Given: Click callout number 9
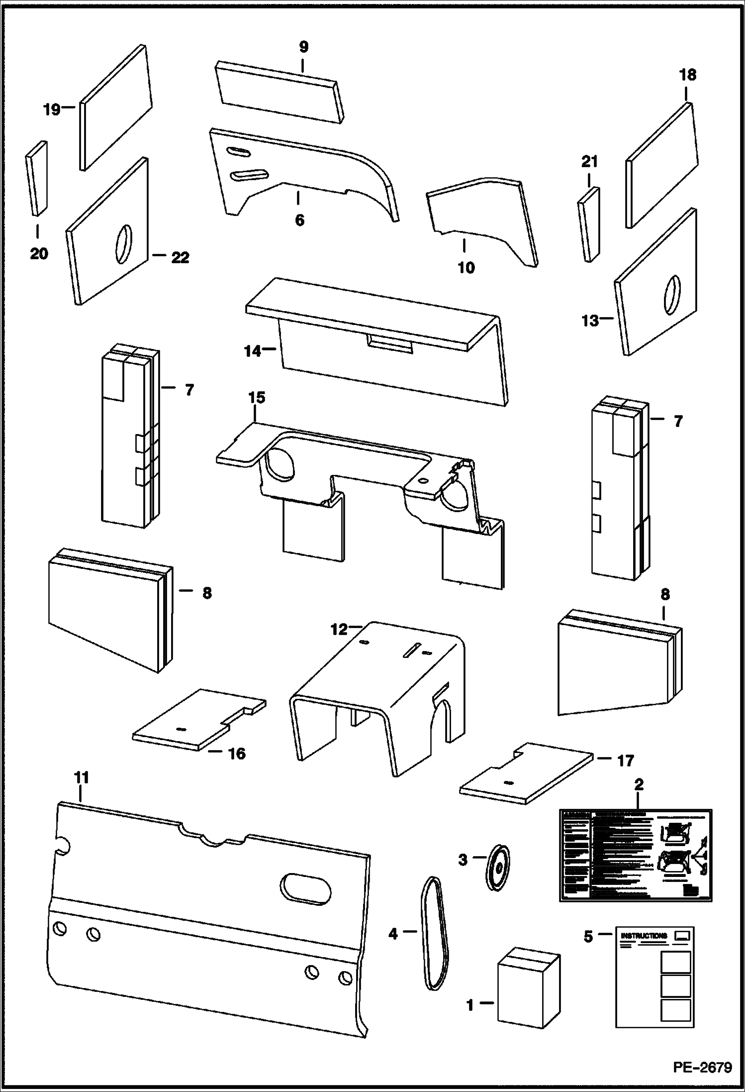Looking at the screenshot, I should [303, 47].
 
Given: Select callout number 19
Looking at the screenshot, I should [51, 109].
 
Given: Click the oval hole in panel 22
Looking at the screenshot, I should [123, 244].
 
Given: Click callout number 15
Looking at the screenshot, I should [257, 398].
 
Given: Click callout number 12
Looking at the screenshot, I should [339, 630].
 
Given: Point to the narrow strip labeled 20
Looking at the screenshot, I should [36, 178].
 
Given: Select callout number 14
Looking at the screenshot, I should [252, 351].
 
